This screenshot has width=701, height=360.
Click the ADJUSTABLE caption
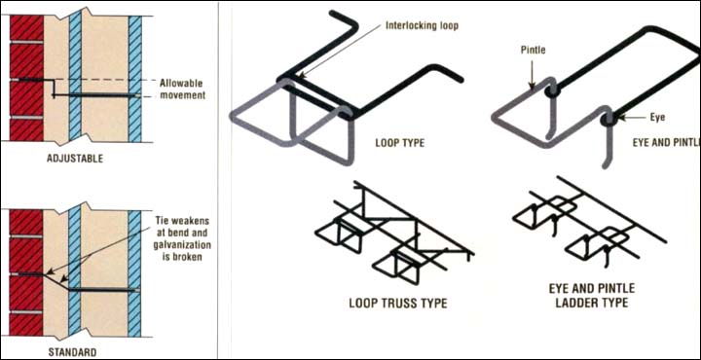[75, 159]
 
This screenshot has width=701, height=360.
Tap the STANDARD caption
[72, 352]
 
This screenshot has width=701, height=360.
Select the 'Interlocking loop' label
[422, 26]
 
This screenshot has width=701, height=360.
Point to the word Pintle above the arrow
[533, 50]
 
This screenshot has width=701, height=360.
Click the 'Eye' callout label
[657, 117]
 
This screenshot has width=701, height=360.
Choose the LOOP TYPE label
[400, 144]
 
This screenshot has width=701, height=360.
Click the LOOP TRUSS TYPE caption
[398, 304]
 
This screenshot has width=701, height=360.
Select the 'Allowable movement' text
[181, 90]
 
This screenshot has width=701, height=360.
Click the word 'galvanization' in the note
[183, 245]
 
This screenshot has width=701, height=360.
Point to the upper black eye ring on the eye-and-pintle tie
[553, 91]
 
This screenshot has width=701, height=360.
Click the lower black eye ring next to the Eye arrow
[609, 120]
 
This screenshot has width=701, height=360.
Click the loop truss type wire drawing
[394, 233]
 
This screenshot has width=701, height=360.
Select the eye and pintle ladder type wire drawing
[589, 222]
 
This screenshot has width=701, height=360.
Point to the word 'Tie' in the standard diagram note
[162, 221]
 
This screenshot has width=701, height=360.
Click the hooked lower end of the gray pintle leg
[605, 163]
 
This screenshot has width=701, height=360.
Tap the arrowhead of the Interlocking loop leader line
[301, 76]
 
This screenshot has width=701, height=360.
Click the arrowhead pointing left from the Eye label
[619, 119]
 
